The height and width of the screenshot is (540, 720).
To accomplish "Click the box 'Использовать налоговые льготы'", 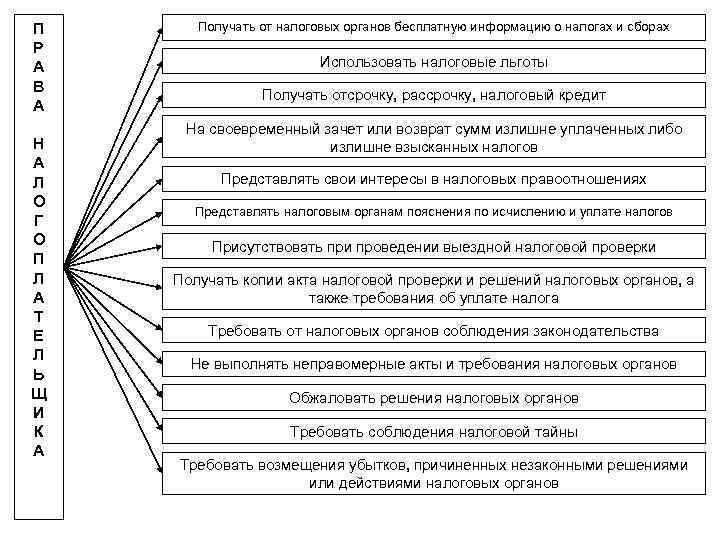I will (x=433, y=62).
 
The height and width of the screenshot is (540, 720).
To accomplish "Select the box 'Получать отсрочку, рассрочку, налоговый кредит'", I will (x=433, y=96).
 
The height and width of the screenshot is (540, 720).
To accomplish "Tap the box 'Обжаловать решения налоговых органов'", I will (x=433, y=398).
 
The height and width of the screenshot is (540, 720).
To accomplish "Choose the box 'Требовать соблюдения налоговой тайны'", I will (x=433, y=432).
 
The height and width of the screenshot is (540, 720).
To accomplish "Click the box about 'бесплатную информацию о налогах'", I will (x=433, y=28).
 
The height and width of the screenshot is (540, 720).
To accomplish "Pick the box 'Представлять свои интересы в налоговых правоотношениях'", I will (x=433, y=179).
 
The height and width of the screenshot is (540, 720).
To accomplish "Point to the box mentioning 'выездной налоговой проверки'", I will (x=433, y=246).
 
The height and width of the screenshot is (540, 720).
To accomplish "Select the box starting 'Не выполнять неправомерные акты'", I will (x=433, y=364).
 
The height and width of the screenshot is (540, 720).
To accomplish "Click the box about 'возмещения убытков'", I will (x=433, y=474).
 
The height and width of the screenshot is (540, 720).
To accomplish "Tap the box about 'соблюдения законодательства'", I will (x=433, y=330).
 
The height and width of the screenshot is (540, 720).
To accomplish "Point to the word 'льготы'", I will (x=521, y=62).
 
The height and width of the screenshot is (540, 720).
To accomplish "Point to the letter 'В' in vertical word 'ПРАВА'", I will (x=38, y=84).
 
